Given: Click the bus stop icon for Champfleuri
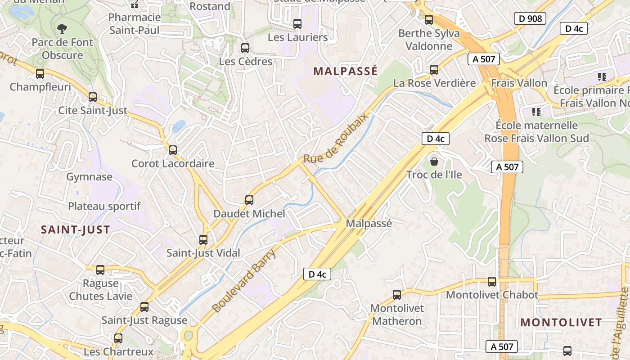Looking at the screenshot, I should click(40, 74).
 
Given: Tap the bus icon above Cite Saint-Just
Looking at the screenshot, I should click(93, 97).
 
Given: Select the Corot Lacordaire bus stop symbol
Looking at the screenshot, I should click(173, 150).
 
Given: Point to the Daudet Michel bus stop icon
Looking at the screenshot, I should click(249, 200).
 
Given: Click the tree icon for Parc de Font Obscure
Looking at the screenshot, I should click(62, 29).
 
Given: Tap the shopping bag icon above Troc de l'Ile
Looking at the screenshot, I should click(434, 161).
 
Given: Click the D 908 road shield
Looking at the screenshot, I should click(530, 18).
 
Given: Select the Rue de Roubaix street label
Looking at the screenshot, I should click(336, 138).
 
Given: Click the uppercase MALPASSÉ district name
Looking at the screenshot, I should click(345, 71).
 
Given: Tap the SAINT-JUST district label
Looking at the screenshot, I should click(76, 229).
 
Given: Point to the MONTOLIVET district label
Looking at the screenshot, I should click(561, 322).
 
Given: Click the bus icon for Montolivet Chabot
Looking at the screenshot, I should click(492, 282).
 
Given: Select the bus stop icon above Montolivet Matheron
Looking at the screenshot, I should click(396, 295).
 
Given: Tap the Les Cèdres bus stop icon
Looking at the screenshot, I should click(245, 48).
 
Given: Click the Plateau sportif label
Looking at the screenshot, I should click(104, 206).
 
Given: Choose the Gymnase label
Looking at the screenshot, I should click(89, 177).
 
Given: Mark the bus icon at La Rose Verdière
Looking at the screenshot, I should click(434, 70).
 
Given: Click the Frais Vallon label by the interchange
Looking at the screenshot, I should click(519, 83).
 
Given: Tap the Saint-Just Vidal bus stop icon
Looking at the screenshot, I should click(203, 240).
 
